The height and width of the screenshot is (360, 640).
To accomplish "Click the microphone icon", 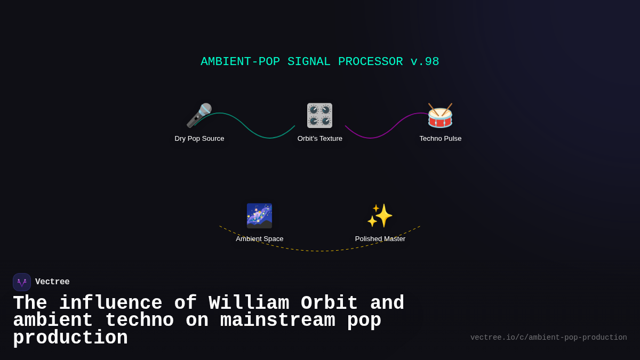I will click(x=199, y=115).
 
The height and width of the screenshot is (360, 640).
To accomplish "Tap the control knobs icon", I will click(x=319, y=115).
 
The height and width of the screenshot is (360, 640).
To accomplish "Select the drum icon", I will click(x=440, y=115).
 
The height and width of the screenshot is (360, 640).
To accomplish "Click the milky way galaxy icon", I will click(x=259, y=215).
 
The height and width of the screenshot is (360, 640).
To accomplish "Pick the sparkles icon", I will click(x=380, y=215).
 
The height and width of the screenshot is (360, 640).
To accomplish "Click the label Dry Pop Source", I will click(x=199, y=139).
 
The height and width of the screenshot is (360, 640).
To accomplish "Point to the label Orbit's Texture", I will click(x=320, y=139).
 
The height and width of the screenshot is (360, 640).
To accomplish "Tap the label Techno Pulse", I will click(x=441, y=139).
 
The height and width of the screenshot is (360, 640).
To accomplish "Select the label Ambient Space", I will click(x=260, y=239).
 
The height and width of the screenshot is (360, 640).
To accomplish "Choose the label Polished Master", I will click(x=380, y=239).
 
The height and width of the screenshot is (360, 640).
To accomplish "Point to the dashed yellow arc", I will click(x=320, y=251).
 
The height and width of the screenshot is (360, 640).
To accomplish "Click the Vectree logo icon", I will click(x=22, y=282).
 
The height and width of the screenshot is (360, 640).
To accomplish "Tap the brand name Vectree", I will click(x=52, y=282).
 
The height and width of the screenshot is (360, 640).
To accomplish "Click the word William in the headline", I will click(x=249, y=303).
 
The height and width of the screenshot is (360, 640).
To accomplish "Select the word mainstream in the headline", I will click(x=278, y=321).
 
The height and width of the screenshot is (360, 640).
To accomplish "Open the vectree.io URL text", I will click(x=548, y=338).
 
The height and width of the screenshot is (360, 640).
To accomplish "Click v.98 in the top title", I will click(x=425, y=62).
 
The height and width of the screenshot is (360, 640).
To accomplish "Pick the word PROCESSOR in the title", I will click(x=370, y=62).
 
